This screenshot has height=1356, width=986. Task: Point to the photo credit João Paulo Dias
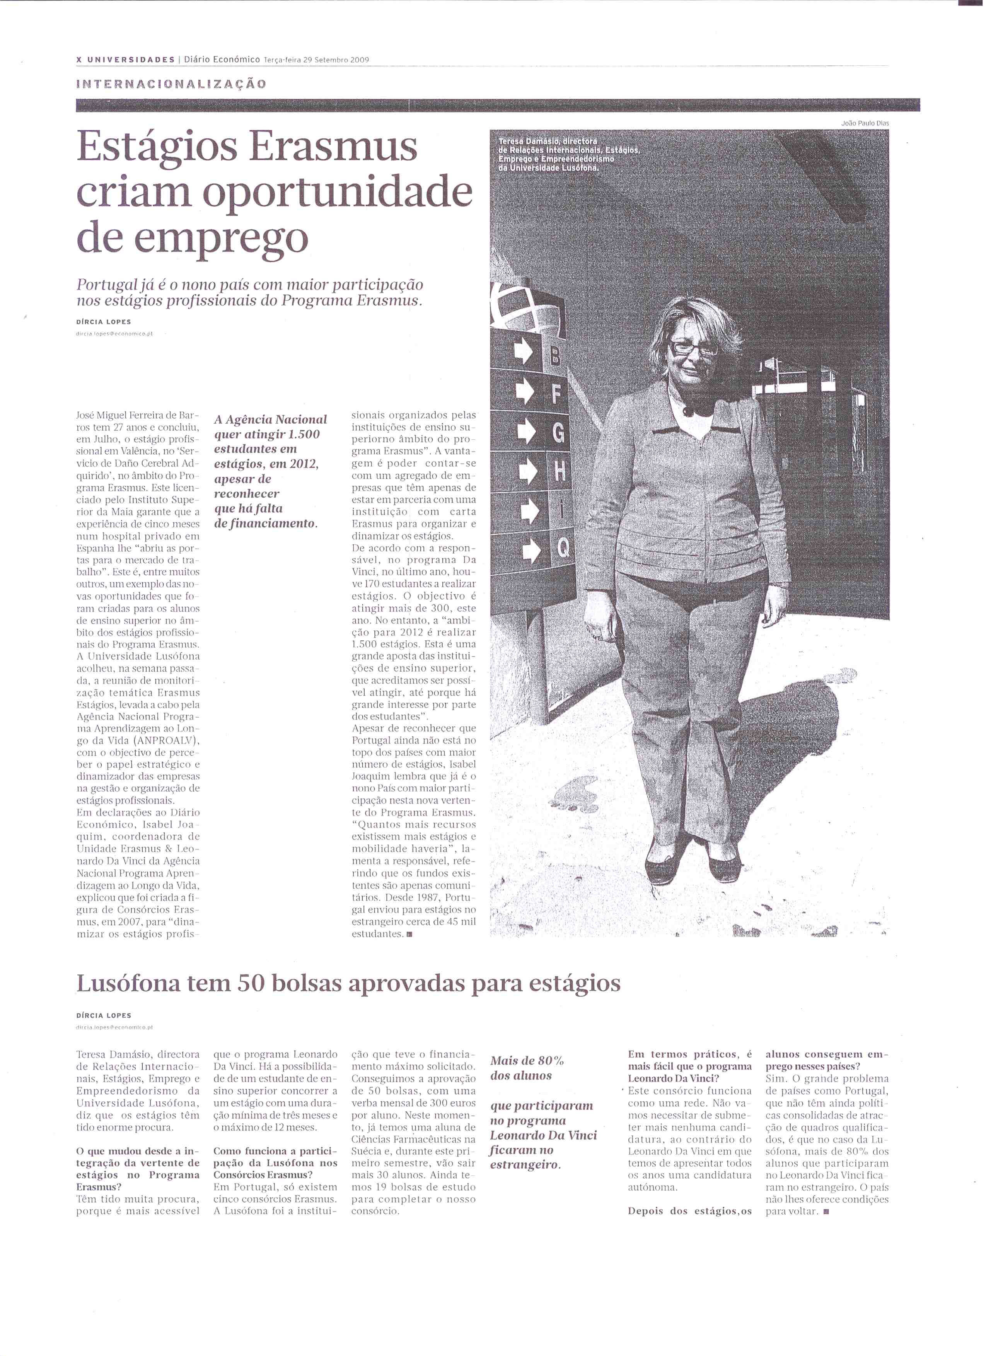pyautogui.click(x=865, y=123)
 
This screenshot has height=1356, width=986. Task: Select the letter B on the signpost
pyautogui.click(x=556, y=357)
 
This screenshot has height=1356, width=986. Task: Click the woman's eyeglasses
pyautogui.click(x=694, y=347)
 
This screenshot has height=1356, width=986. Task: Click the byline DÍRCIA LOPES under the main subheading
pyautogui.click(x=104, y=322)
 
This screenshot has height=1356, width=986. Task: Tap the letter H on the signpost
pyautogui.click(x=560, y=472)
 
